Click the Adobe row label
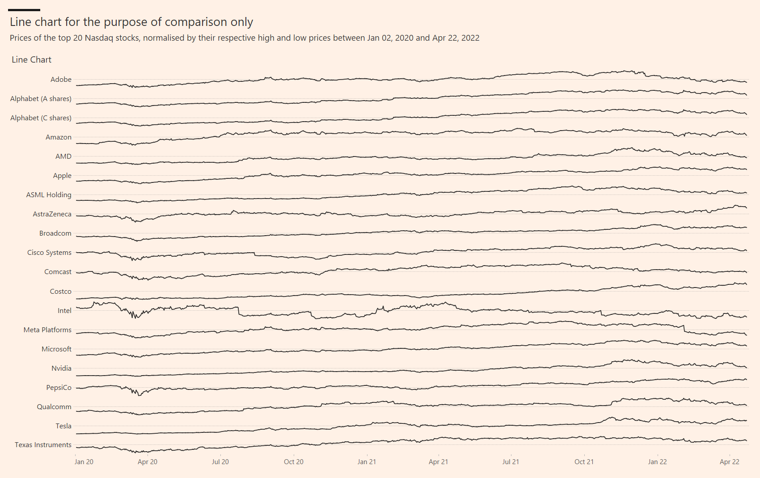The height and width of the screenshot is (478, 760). click(x=61, y=80)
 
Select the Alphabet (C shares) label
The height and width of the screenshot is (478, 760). click(x=41, y=118)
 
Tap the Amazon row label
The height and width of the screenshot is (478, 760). click(x=58, y=137)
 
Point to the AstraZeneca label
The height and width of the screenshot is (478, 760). click(x=52, y=214)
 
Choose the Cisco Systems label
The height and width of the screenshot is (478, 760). click(x=49, y=253)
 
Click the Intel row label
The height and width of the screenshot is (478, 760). click(x=64, y=311)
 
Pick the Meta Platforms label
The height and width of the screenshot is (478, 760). click(x=47, y=330)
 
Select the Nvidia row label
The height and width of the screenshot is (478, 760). click(x=61, y=368)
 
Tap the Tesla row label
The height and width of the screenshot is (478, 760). click(x=63, y=426)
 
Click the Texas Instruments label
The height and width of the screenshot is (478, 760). click(x=43, y=445)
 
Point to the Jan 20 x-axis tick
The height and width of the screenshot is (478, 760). click(x=84, y=462)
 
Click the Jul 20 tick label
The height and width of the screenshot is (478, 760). click(x=220, y=462)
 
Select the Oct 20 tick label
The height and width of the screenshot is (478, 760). click(x=293, y=462)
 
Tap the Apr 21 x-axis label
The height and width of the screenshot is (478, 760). click(x=438, y=462)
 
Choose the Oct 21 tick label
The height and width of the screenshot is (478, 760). click(x=584, y=462)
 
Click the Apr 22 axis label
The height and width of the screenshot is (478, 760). click(x=729, y=462)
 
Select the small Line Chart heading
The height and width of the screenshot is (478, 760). click(x=31, y=60)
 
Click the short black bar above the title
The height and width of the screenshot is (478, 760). click(x=24, y=10)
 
